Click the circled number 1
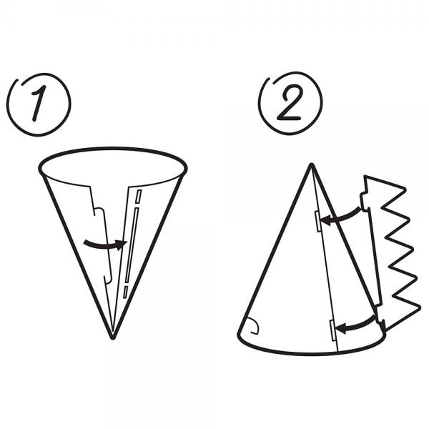click(39, 104)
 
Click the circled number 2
click(290, 104)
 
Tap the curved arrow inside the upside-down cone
click(105, 245)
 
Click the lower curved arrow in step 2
click(355, 325)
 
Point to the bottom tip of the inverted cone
click(112, 339)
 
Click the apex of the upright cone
click(311, 164)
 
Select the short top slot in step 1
click(139, 197)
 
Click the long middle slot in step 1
click(132, 245)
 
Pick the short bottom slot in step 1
click(125, 292)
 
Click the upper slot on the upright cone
click(318, 222)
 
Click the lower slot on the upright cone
click(333, 330)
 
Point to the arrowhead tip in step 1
click(127, 242)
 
